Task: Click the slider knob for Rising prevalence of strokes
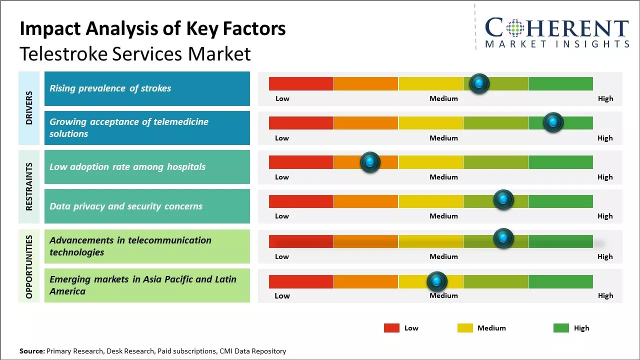pyautogui.click(x=479, y=83)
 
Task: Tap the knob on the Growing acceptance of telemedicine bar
pyautogui.click(x=553, y=122)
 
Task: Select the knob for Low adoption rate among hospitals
pyautogui.click(x=370, y=162)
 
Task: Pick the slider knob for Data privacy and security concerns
pyautogui.click(x=503, y=200)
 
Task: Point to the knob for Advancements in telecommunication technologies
pyautogui.click(x=503, y=238)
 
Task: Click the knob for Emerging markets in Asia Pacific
pyautogui.click(x=437, y=282)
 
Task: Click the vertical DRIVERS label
pyautogui.click(x=29, y=108)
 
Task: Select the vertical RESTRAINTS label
pyautogui.click(x=29, y=186)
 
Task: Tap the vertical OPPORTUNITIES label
pyautogui.click(x=29, y=266)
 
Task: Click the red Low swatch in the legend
pyautogui.click(x=391, y=328)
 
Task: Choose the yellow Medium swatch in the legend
pyautogui.click(x=465, y=328)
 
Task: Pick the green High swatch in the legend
pyautogui.click(x=561, y=328)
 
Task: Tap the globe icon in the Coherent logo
pyautogui.click(x=515, y=28)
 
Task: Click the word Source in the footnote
pyautogui.click(x=31, y=351)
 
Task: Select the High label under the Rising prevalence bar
pyautogui.click(x=605, y=98)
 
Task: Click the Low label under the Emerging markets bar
pyautogui.click(x=282, y=295)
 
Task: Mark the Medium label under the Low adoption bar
pyautogui.click(x=443, y=177)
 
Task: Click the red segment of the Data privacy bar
pyautogui.click(x=301, y=201)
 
